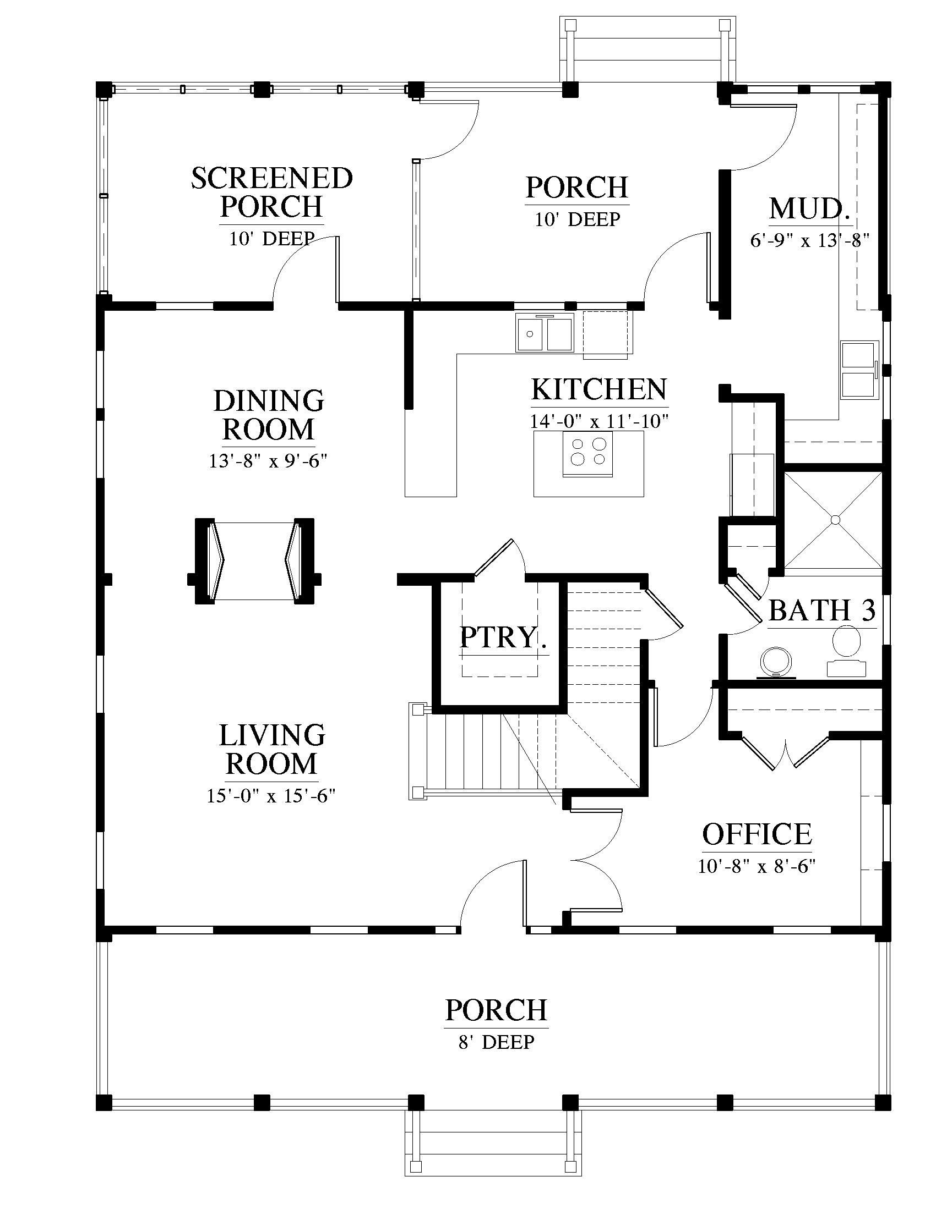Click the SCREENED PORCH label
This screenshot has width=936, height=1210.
271,193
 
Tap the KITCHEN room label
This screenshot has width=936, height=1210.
599,389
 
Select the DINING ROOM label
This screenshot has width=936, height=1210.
269,415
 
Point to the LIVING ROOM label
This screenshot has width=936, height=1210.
271,750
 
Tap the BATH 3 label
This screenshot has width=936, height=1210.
823,610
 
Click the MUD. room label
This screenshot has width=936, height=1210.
810,208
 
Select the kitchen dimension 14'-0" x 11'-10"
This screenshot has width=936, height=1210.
599,421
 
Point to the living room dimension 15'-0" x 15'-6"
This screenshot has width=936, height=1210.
271,796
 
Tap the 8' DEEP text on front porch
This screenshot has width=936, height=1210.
496,1042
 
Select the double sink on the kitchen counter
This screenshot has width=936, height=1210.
545,332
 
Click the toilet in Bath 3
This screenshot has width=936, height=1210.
846,651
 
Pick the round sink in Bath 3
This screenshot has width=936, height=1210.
776,662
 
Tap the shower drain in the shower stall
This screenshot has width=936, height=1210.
834,519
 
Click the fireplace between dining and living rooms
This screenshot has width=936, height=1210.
254,560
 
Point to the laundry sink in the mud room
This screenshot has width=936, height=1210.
859,370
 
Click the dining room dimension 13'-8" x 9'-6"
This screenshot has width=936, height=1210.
268,461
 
